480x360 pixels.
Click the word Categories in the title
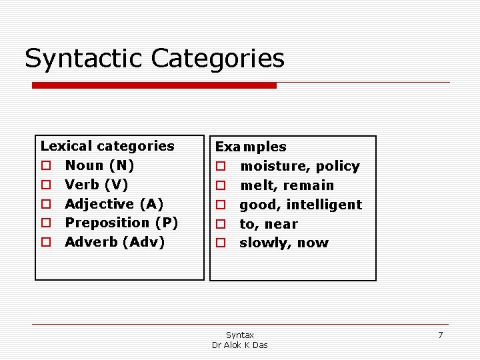(x=218, y=59)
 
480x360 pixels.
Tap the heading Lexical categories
(x=107, y=146)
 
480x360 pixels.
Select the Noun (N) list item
(x=99, y=165)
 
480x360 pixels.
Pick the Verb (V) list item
(x=97, y=185)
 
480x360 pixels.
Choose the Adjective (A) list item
(x=114, y=204)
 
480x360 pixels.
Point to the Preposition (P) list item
(x=121, y=223)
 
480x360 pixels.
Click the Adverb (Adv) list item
(x=115, y=242)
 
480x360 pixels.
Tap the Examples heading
(x=251, y=147)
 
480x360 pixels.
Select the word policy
(x=337, y=166)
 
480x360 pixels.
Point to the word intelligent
(x=324, y=205)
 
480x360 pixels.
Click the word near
(x=281, y=224)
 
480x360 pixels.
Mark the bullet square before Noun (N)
(x=46, y=166)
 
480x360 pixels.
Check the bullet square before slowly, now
(x=221, y=244)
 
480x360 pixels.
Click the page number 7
(x=440, y=335)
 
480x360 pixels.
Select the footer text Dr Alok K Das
(x=239, y=345)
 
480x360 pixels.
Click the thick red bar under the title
(x=155, y=85)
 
